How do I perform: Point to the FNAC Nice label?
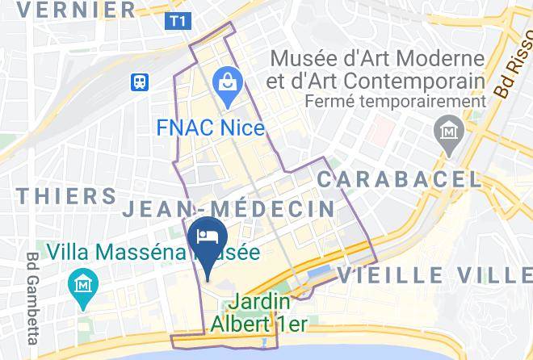[x=211, y=128]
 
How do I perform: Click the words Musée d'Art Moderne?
[x=377, y=59]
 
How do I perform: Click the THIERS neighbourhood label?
[x=66, y=195]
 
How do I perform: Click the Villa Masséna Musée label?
[x=153, y=252]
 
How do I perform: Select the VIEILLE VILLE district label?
[x=434, y=275]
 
